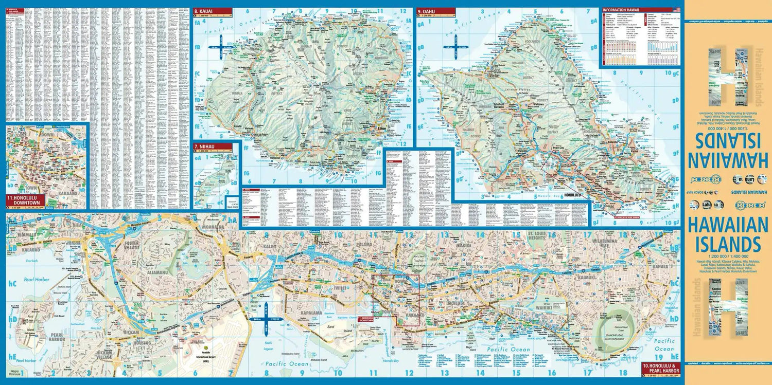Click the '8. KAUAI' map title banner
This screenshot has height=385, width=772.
pos(207,11)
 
